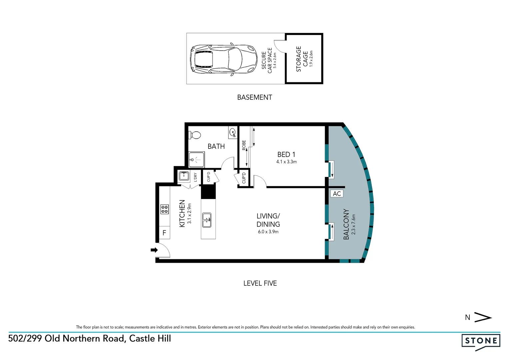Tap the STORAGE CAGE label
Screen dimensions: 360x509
[x=302, y=59]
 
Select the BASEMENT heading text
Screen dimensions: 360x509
[x=254, y=97]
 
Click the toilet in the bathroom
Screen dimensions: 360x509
[x=195, y=135]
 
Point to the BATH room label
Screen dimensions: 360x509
[x=216, y=146]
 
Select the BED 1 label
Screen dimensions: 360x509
[x=286, y=154]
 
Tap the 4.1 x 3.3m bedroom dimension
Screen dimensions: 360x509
[x=286, y=162]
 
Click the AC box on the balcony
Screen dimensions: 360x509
[x=337, y=194]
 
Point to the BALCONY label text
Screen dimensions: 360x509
[x=346, y=224]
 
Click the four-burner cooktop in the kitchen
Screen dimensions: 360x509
[x=165, y=209]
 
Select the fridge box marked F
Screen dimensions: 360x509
[x=164, y=233]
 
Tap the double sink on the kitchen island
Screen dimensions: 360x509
[x=207, y=220]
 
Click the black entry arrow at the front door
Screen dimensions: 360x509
[x=154, y=250]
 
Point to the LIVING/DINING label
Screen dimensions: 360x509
[x=268, y=220]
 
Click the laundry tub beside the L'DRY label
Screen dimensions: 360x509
[x=184, y=176]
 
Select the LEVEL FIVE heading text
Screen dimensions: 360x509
[x=260, y=283]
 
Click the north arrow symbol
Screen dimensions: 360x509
[x=483, y=317]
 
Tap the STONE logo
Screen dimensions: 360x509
[x=481, y=341]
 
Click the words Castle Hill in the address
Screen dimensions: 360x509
[x=150, y=338]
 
